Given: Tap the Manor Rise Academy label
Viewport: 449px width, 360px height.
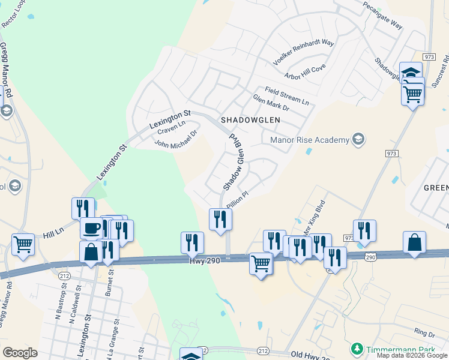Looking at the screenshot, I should coord(310,140).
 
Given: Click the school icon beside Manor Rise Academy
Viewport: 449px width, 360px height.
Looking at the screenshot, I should coord(358,140).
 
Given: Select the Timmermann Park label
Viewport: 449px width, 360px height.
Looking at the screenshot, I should coord(397,348).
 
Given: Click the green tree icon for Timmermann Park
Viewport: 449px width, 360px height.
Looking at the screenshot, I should coord(358,348).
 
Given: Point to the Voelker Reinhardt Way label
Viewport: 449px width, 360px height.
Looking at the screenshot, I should coord(303,52).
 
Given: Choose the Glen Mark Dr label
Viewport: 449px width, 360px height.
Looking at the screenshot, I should coord(271,103).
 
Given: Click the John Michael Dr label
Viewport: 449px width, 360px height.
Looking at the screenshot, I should coord(175,140).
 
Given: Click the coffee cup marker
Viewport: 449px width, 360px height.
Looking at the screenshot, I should coord(91,228).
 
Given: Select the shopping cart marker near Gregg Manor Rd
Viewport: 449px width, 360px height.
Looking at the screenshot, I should coord(23,244).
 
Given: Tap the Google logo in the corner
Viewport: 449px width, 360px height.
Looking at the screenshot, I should coord(20,352).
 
